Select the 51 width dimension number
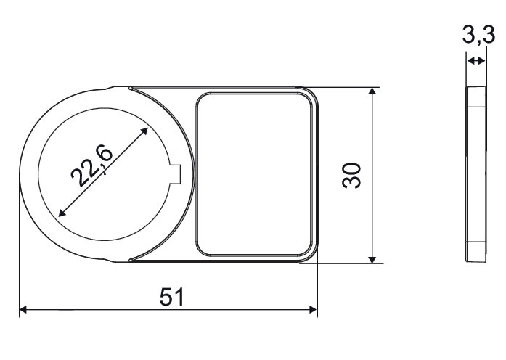click(x=172, y=297)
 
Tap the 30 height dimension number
click(x=351, y=176)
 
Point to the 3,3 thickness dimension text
click(x=478, y=35)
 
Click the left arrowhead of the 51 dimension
click(x=23, y=310)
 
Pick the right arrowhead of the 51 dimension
click(x=314, y=310)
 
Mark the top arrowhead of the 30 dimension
click(x=372, y=91)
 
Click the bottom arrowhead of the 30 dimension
click(x=372, y=260)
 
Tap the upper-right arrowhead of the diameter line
click(x=144, y=131)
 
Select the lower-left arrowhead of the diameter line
click(x=62, y=213)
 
